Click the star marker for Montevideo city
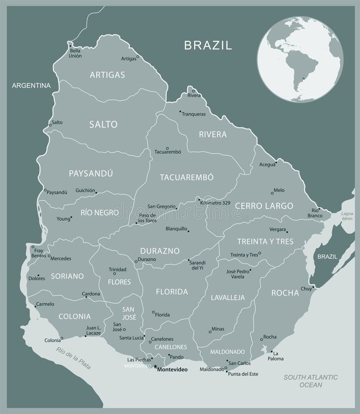click(155, 368)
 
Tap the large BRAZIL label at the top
click(208, 45)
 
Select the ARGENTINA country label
click(31, 86)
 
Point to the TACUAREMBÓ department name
click(187, 178)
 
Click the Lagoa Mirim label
click(348, 217)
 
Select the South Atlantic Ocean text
click(311, 381)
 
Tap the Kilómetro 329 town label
click(215, 203)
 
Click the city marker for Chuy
click(313, 287)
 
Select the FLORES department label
click(119, 282)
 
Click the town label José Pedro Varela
click(238, 274)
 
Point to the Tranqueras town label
click(193, 114)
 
